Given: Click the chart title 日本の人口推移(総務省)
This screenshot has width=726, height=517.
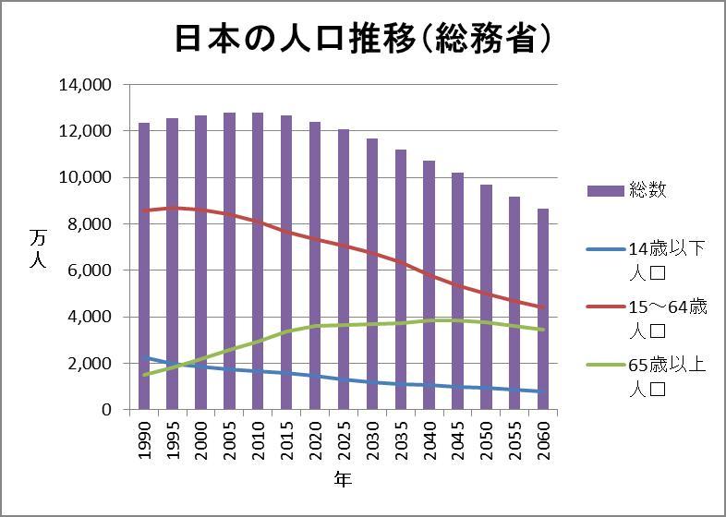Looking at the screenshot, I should click(x=364, y=38).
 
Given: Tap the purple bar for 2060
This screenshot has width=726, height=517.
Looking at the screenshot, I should click(x=543, y=309).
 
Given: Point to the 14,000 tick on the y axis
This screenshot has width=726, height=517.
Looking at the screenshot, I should click(x=85, y=85).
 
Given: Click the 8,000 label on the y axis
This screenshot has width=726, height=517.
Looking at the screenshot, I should click(x=90, y=224).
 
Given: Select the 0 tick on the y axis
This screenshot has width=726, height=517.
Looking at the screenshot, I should click(x=107, y=410).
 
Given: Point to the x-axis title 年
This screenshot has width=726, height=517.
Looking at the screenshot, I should click(x=343, y=479).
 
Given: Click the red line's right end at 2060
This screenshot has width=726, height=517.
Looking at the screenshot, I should click(x=543, y=308).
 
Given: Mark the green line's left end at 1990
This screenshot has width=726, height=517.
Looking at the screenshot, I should click(x=144, y=375).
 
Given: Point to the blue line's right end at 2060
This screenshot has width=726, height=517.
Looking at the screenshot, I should click(x=543, y=391).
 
